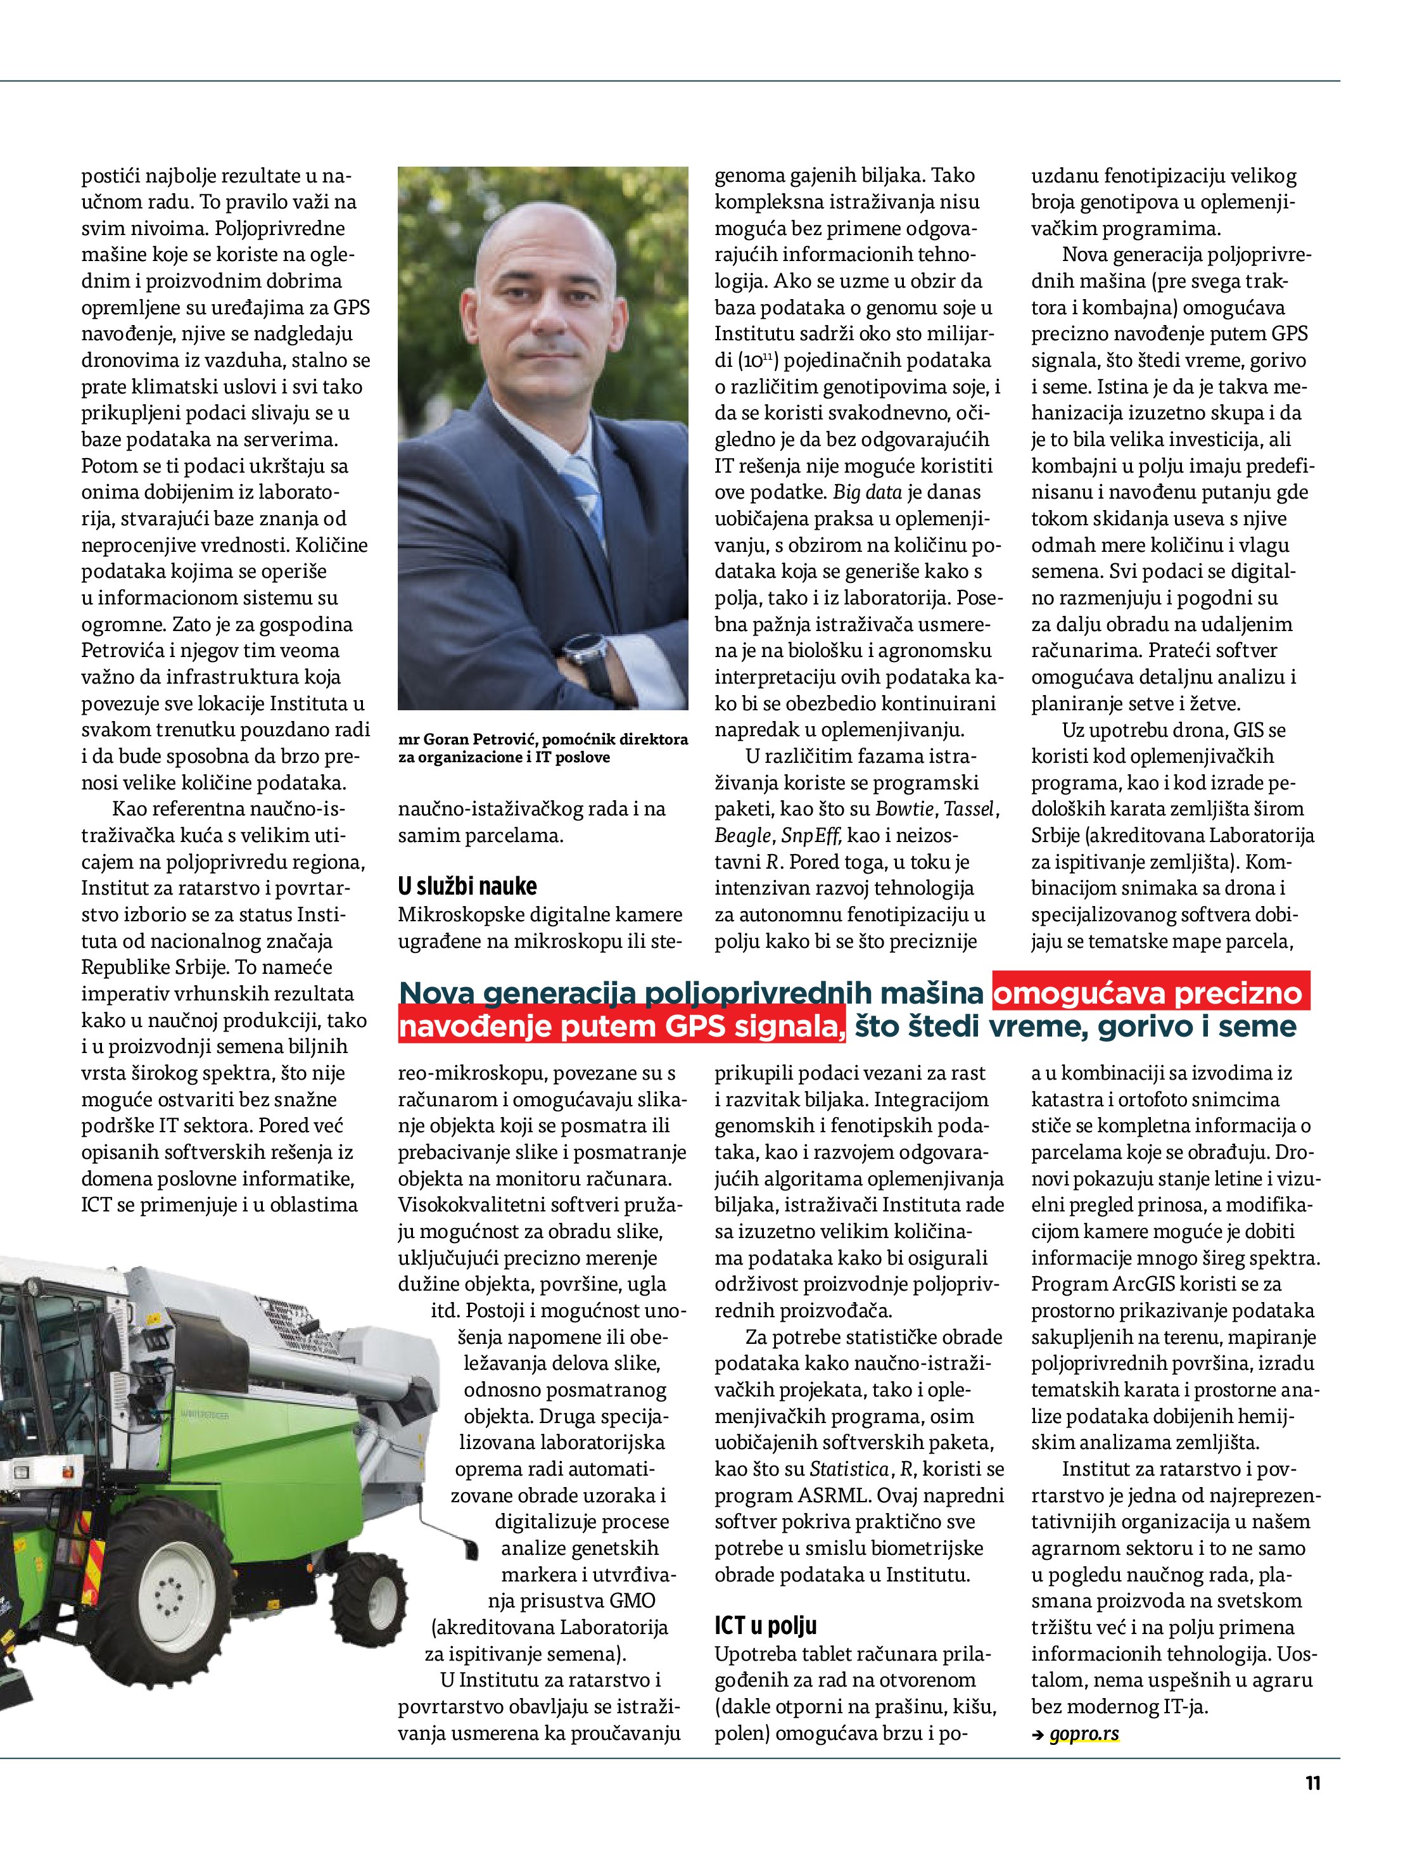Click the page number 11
coord(1312,1784)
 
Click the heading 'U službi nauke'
coord(467,886)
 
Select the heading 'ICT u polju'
coord(765,1625)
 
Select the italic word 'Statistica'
coord(849,1469)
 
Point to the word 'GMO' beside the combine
coord(632,1601)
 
